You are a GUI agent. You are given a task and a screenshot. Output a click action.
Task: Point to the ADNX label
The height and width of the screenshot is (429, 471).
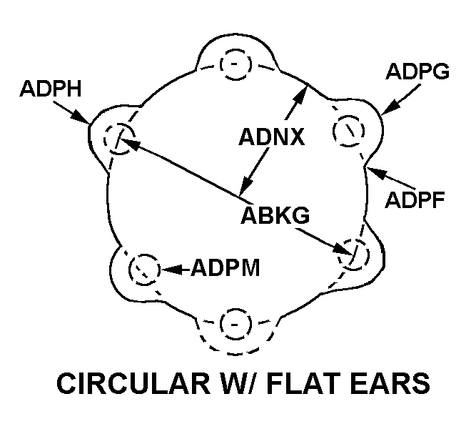tap(272, 136)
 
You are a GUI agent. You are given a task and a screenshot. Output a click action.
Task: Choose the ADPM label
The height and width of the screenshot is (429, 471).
tap(225, 269)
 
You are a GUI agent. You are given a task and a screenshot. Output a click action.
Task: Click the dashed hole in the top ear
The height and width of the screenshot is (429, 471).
tap(235, 64)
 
